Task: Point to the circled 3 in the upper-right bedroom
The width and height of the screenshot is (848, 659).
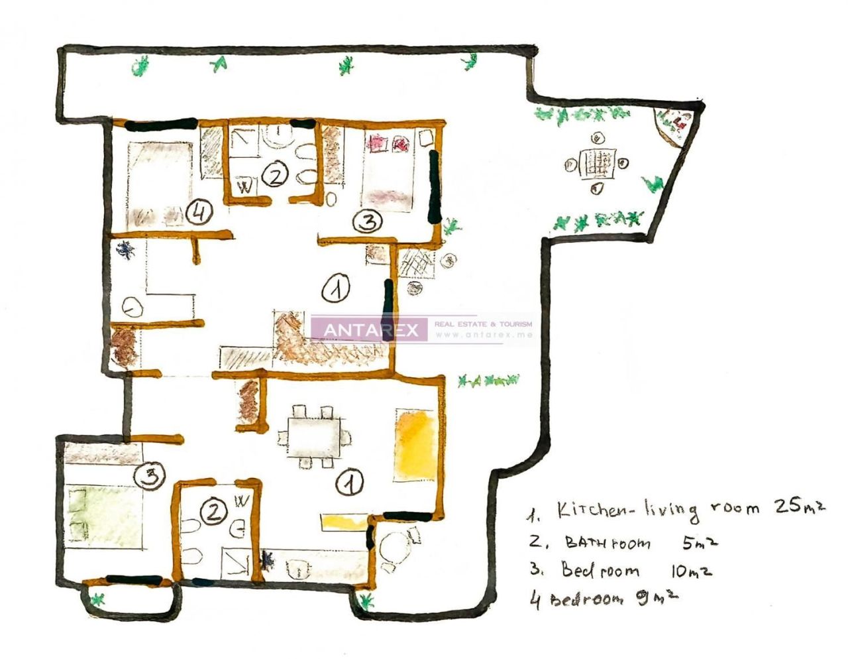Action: click(x=366, y=221)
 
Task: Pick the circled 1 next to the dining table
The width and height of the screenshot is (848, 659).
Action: click(x=349, y=483)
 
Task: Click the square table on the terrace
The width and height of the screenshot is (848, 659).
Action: click(x=596, y=163)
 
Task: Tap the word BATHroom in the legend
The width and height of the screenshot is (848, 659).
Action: click(x=608, y=543)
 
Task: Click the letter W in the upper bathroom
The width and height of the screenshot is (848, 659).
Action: click(x=245, y=188)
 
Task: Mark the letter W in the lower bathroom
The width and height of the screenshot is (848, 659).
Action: click(x=241, y=501)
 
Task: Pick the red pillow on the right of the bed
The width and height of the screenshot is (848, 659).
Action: click(x=401, y=143)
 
